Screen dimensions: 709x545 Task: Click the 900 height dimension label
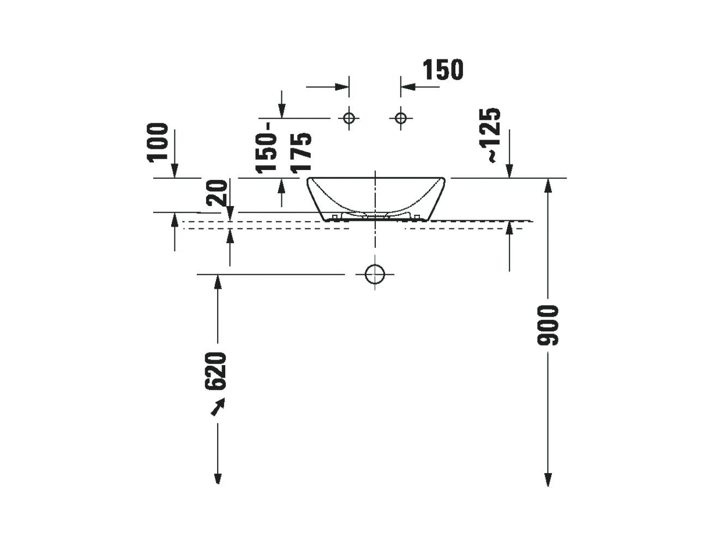pyautogui.click(x=548, y=325)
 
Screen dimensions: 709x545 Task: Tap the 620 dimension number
pyautogui.click(x=215, y=371)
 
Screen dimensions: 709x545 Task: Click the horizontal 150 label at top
pyautogui.click(x=443, y=70)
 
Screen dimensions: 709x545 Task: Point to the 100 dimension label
pyautogui.click(x=158, y=142)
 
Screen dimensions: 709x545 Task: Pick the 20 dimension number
pyautogui.click(x=217, y=192)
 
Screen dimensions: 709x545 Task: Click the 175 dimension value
pyautogui.click(x=301, y=153)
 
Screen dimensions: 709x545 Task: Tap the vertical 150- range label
pyautogui.click(x=266, y=148)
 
